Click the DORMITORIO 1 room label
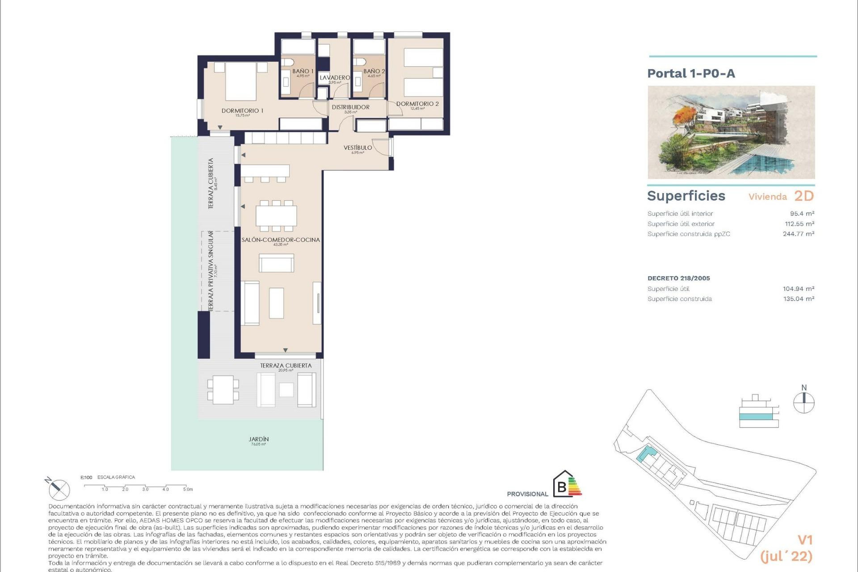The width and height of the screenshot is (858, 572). tap(242, 111)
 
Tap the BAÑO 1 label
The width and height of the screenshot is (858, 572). tap(303, 71)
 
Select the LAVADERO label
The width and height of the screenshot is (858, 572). tap(335, 78)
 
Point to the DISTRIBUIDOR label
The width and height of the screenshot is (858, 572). tap(350, 107)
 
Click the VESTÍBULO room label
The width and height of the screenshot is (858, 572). tap(357, 148)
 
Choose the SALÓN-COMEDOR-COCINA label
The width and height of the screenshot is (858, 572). tap(281, 240)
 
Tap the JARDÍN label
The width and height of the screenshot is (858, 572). tap(259, 439)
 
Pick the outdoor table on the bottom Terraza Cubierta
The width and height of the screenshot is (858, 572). tap(223, 390)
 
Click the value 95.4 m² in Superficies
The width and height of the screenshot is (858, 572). tap(802, 214)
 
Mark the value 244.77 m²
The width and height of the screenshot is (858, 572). tap(798, 234)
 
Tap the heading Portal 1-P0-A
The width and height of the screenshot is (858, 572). tap(691, 73)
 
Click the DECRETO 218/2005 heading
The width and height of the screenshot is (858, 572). tap(678, 278)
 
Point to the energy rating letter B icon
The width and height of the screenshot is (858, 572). tap(562, 487)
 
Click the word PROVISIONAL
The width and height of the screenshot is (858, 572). tap(527, 494)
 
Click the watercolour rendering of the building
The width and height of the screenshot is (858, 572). tap(731, 132)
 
